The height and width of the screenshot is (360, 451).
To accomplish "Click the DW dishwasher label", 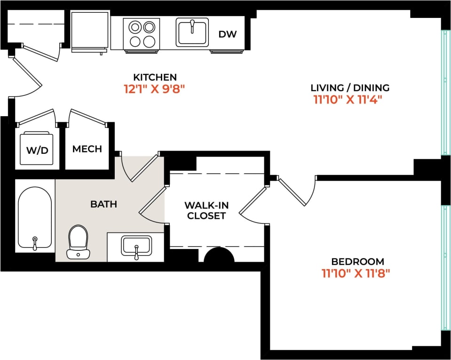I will [228, 34].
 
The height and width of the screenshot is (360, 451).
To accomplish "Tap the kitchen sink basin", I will [192, 32].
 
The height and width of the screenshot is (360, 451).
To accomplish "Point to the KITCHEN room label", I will [155, 77].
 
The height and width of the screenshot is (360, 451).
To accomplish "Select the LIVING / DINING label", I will [350, 88].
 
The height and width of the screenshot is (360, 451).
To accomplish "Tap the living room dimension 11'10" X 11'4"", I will [347, 100].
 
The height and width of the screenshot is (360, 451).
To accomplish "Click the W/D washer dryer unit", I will [37, 149].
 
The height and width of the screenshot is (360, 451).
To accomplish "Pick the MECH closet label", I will [87, 149].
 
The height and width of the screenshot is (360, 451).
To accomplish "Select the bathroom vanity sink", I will [136, 246].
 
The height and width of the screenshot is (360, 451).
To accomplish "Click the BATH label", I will [103, 205].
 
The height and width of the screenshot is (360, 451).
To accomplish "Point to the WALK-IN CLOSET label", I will [205, 211].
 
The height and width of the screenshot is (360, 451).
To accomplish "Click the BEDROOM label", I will [357, 262].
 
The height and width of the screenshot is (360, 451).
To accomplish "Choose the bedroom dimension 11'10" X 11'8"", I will [356, 273].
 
